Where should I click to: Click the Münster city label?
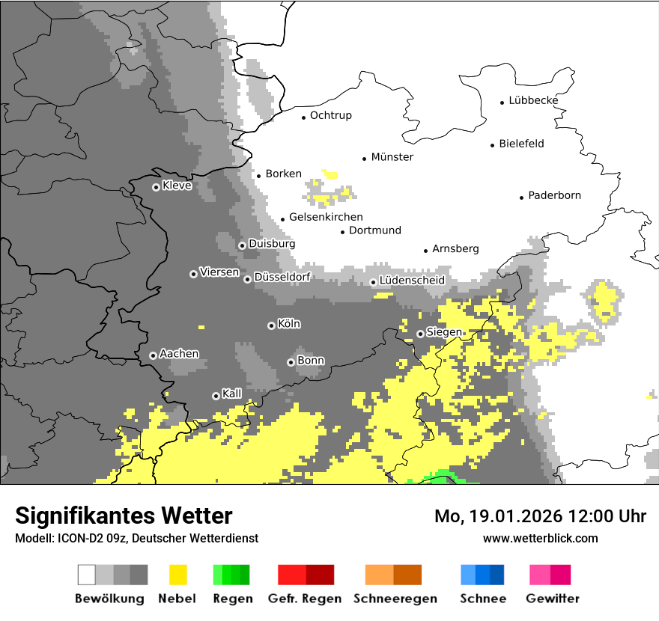(x=392, y=157)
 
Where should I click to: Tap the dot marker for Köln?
(x=271, y=325)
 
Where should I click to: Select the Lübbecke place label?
(x=533, y=100)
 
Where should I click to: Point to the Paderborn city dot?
(x=521, y=198)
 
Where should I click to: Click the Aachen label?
(x=179, y=353)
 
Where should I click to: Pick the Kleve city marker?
(x=156, y=187)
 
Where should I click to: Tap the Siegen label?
(x=444, y=332)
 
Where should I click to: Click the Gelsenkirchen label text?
(x=326, y=217)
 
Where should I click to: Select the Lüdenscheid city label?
(x=412, y=280)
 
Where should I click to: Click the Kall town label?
(x=231, y=393)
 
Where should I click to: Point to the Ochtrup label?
(x=330, y=115)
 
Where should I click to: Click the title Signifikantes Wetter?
(x=124, y=516)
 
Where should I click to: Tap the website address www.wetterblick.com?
(x=540, y=538)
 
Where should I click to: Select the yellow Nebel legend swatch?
(x=178, y=575)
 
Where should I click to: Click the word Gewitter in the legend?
(x=552, y=599)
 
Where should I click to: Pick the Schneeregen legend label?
(x=395, y=599)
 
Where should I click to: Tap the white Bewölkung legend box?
(x=87, y=575)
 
